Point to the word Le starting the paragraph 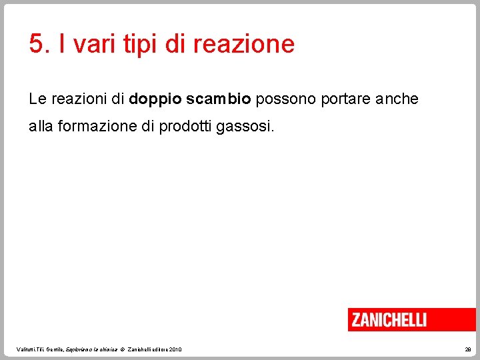pyautogui.click(x=37, y=99)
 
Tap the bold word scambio pyautogui.click(x=218, y=99)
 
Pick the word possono pyautogui.click(x=286, y=100)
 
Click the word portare pyautogui.click(x=345, y=100)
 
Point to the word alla pyautogui.click(x=41, y=127)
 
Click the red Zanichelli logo pyautogui.click(x=411, y=319)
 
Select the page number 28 pyautogui.click(x=467, y=349)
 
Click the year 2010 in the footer pyautogui.click(x=175, y=349)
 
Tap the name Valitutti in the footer pyautogui.click(x=28, y=349)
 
